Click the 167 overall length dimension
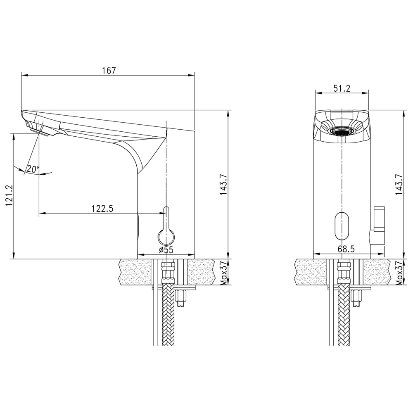point(109,71)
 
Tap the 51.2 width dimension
point(342,88)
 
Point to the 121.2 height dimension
point(9,195)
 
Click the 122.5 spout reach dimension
point(102,208)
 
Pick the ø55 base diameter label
point(166,250)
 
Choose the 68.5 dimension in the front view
point(347,249)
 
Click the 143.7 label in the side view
point(224,184)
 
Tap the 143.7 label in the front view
point(399,184)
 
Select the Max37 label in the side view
point(223,273)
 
